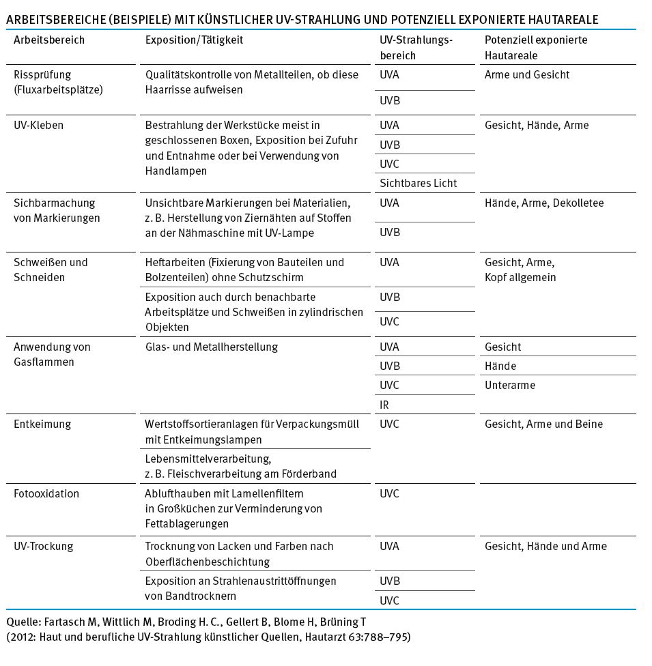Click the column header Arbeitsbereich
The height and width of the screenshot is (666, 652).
[49, 40]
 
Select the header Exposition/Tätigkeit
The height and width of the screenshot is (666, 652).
[194, 40]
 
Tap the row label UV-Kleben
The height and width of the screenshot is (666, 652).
[39, 126]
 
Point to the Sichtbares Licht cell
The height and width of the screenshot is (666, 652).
[418, 183]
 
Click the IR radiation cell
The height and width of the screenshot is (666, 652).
[384, 405]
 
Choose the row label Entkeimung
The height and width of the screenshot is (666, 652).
[42, 424]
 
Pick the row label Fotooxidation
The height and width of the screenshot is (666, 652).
[46, 494]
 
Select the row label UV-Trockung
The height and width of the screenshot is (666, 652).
[44, 547]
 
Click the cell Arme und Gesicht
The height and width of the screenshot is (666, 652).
[526, 75]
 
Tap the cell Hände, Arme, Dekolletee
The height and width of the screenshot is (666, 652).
[543, 203]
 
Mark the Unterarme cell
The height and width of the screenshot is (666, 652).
[510, 386]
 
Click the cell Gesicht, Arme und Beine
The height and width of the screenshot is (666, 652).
[543, 424]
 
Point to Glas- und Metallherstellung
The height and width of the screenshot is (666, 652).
[212, 347]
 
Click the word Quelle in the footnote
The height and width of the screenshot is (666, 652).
[22, 622]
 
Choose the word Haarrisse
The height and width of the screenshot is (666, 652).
[168, 90]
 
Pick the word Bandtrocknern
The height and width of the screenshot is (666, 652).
[200, 596]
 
